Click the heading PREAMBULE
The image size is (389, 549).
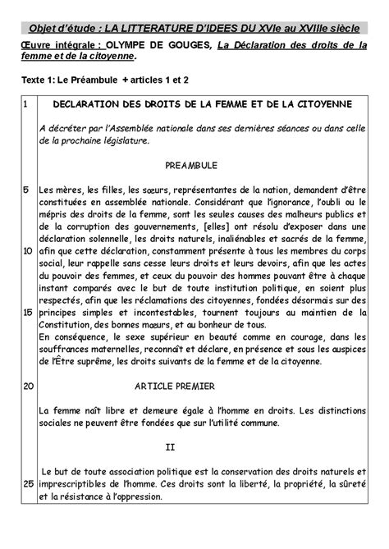point(190,165)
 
